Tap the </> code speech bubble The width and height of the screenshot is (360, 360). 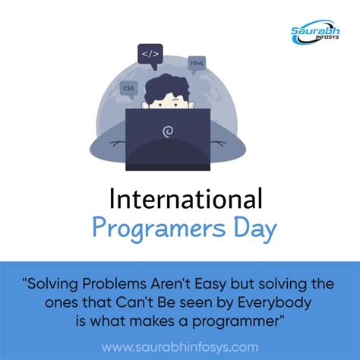(150, 54)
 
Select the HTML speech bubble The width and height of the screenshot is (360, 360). (197, 63)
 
